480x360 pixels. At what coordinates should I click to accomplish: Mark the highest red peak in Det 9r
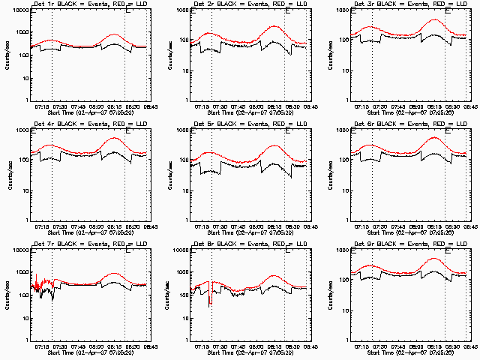point(435,259)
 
